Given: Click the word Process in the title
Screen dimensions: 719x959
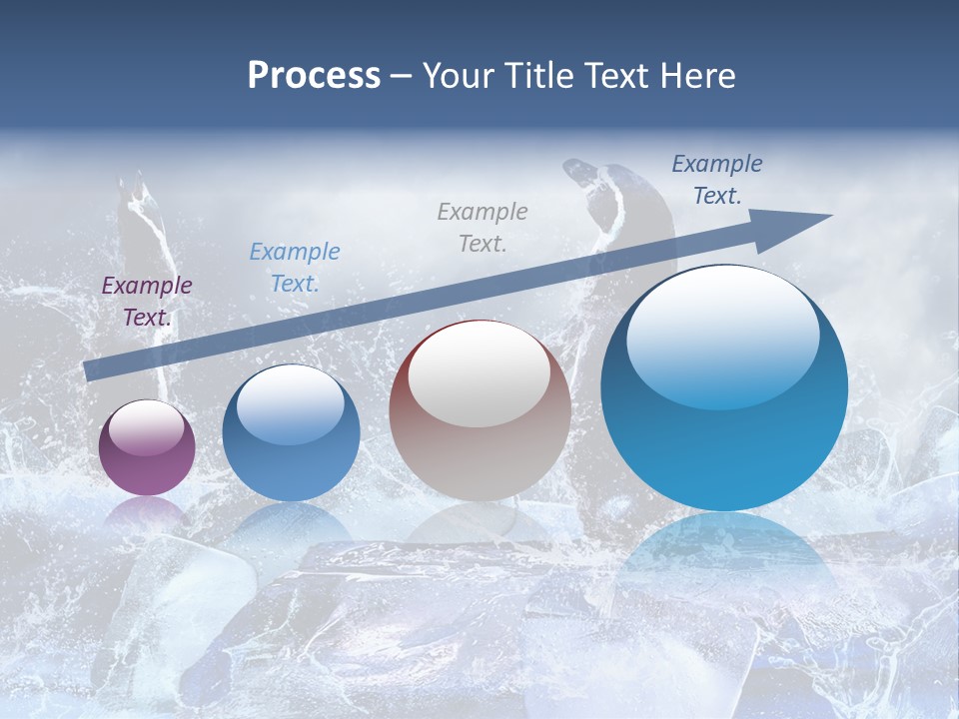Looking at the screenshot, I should click(314, 76).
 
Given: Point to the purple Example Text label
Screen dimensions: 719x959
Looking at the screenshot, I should click(147, 302).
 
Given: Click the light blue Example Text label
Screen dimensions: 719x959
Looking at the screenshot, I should click(295, 268).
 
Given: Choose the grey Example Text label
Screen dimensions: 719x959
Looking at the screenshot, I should click(482, 228).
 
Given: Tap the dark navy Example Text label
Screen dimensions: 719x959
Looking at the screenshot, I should click(717, 180).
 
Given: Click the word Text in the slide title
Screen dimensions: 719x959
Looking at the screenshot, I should click(616, 76).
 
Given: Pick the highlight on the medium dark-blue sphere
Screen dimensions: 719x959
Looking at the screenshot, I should click(291, 404).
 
